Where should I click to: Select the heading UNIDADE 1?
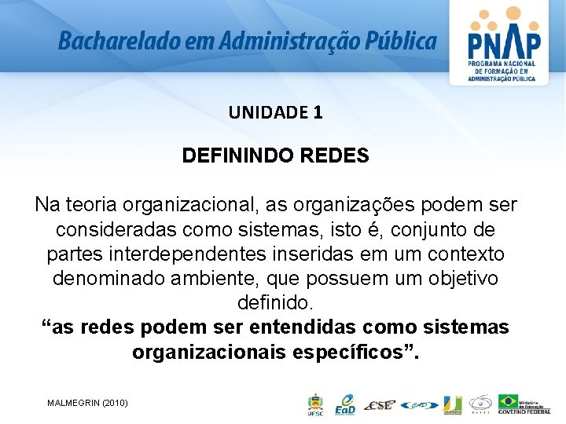(x=275, y=112)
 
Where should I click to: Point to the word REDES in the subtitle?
(x=335, y=155)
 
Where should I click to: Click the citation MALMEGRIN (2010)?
(x=87, y=403)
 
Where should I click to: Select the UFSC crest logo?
(x=314, y=404)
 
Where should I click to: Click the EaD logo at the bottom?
(x=344, y=404)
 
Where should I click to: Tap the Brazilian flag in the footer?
(x=509, y=401)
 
